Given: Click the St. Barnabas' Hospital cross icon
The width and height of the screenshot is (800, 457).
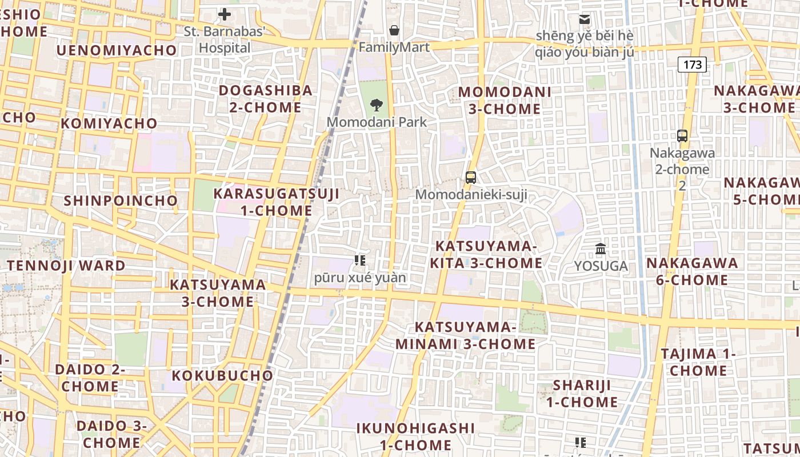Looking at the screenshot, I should click(x=225, y=14).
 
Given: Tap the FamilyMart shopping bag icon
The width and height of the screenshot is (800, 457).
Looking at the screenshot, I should click(x=394, y=30).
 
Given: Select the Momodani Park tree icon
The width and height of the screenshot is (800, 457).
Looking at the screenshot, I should click(x=376, y=105).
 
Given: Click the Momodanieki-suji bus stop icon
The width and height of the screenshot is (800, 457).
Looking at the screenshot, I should click(x=471, y=178).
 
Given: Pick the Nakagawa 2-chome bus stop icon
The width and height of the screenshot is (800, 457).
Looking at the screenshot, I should click(x=682, y=136).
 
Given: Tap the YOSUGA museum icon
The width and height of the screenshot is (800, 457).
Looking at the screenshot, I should click(x=601, y=249).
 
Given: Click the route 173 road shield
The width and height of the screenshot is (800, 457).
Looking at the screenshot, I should click(x=692, y=65).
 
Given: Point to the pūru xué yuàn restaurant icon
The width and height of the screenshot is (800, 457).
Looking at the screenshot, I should click(x=359, y=261).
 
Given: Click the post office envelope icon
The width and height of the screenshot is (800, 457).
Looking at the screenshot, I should click(x=585, y=19).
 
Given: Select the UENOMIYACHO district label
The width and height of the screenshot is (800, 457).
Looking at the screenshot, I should click(x=117, y=50).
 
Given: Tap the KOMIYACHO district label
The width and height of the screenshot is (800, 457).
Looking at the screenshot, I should click(x=109, y=123).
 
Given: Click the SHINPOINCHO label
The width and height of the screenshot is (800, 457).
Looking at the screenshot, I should click(x=121, y=201).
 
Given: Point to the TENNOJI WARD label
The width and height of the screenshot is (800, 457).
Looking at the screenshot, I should click(x=66, y=266).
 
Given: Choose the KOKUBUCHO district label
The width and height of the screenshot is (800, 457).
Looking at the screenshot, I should click(x=222, y=375).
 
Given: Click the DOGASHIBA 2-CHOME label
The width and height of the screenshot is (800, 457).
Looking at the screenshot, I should click(x=266, y=99).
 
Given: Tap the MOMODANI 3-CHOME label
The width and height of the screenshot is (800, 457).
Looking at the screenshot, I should click(x=505, y=101).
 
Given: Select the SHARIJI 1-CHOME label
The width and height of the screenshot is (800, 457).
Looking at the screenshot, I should click(x=582, y=394).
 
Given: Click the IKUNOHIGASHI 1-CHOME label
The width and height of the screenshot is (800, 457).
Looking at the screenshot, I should click(x=415, y=436).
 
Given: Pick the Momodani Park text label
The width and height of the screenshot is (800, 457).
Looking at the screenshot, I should click(x=377, y=122).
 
